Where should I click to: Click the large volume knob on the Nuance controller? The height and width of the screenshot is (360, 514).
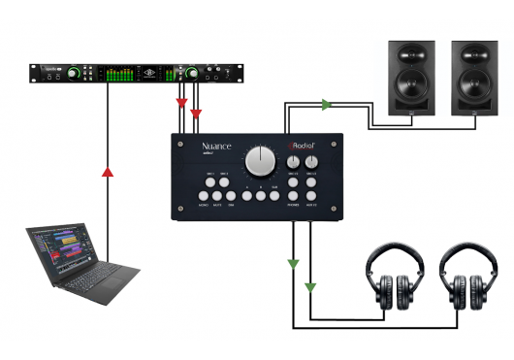pos(260,159)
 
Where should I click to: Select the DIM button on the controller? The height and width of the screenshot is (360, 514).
pos(231,197)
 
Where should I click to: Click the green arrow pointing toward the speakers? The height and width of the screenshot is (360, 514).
pos(326,103)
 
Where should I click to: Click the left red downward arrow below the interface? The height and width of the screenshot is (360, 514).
pos(181,104)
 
